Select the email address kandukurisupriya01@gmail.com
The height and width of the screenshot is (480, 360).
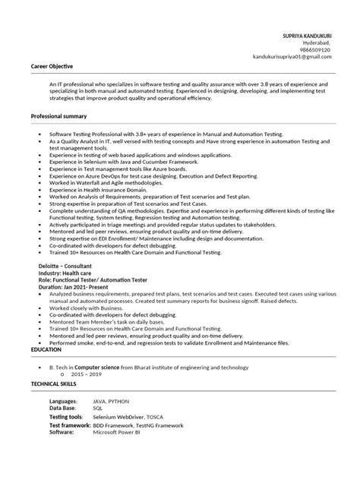coord(295,57)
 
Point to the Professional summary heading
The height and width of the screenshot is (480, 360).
coord(58,115)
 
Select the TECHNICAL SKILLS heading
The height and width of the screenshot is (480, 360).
coord(54,384)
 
